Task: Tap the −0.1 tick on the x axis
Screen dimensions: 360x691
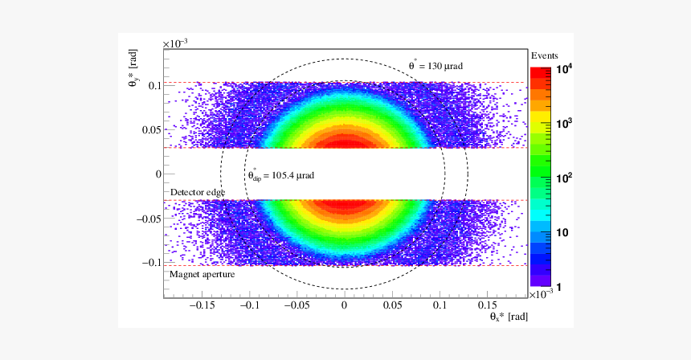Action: pyautogui.click(x=250, y=305)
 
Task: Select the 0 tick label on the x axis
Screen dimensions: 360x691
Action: pyautogui.click(x=345, y=305)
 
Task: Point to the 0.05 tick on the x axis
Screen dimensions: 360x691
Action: pyautogui.click(x=392, y=305)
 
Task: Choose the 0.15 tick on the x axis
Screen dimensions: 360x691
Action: pyautogui.click(x=487, y=305)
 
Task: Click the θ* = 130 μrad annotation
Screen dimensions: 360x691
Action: pyautogui.click(x=436, y=65)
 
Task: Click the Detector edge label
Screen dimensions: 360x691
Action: pyautogui.click(x=197, y=193)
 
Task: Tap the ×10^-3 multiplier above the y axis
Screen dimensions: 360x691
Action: pyautogui.click(x=174, y=43)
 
